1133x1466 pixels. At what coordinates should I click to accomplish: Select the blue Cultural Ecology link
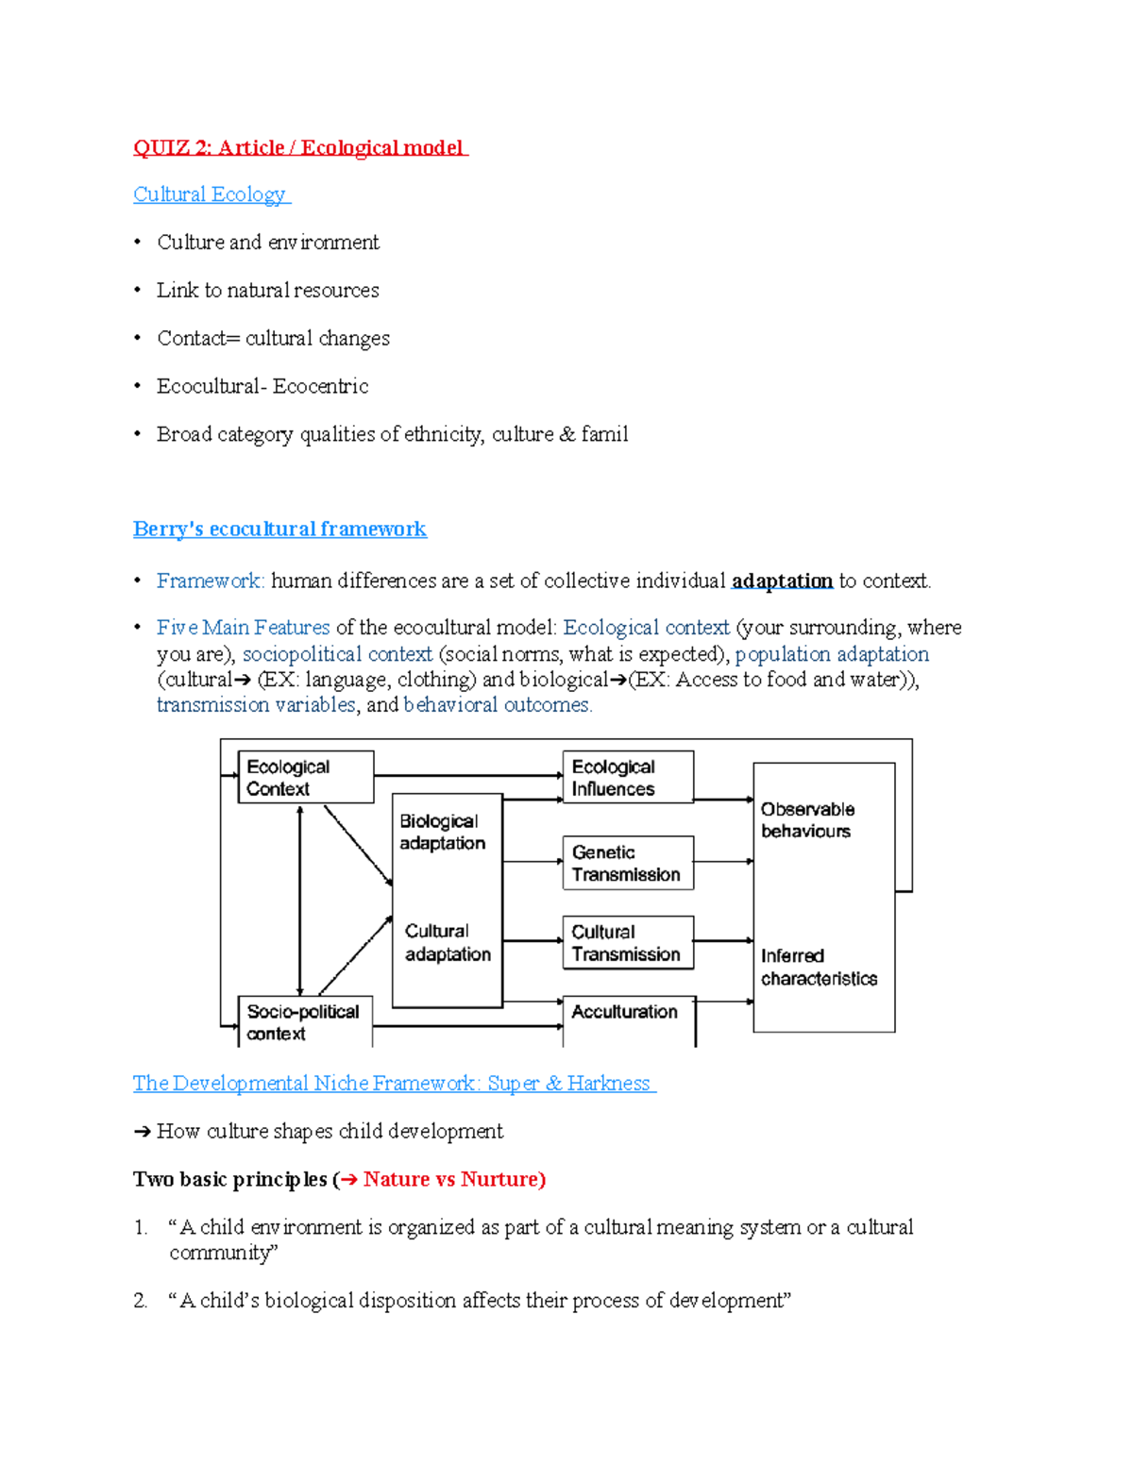(210, 194)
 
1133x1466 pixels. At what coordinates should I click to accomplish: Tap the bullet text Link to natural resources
(268, 291)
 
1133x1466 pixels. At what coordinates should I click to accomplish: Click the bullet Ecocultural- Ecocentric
(262, 386)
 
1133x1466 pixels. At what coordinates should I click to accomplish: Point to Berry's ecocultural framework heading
(279, 529)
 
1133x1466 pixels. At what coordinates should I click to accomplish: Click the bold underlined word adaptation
(782, 581)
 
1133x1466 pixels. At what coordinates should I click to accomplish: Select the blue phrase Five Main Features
(244, 628)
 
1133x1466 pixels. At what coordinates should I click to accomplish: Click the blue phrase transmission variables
(256, 705)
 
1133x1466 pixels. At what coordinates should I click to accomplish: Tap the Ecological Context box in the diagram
(305, 777)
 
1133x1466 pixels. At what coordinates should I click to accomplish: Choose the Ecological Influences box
(628, 777)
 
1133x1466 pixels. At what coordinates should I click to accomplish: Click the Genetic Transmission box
(628, 863)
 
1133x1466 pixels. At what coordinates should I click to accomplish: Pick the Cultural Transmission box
(628, 942)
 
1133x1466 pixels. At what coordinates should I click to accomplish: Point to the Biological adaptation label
(442, 832)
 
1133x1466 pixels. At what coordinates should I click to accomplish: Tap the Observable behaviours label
(808, 819)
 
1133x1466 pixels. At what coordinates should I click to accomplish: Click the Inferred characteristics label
(819, 967)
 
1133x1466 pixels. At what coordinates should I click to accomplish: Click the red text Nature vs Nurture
(451, 1179)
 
